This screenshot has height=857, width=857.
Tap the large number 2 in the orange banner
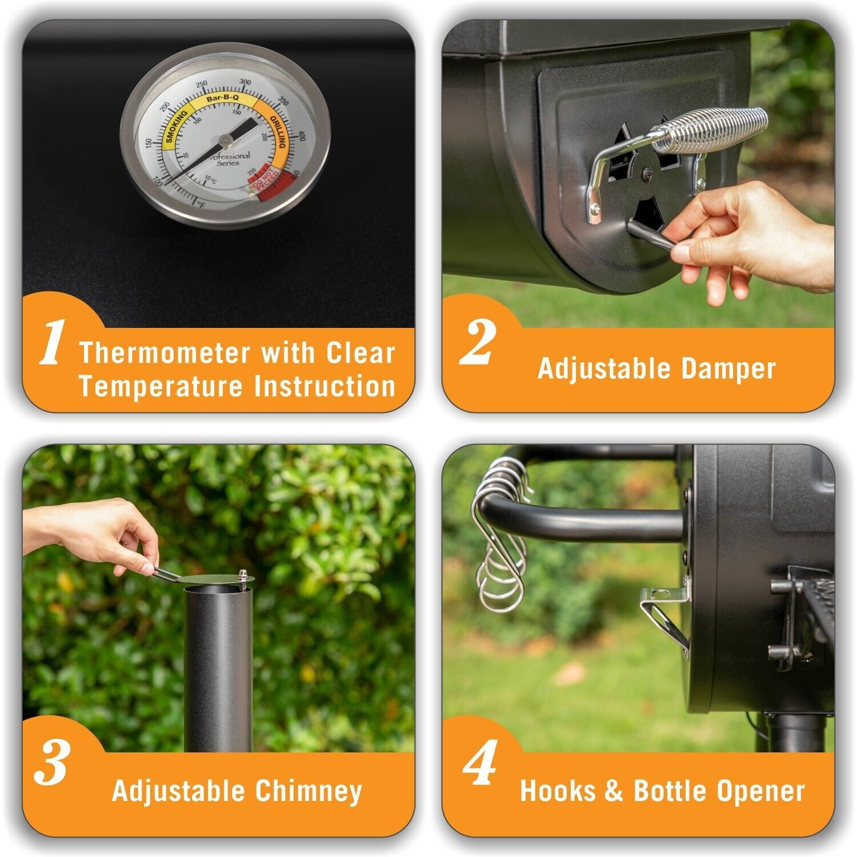pos(477,342)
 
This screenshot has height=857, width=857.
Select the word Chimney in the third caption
pos(309,791)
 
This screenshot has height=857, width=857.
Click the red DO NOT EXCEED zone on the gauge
pos(266,182)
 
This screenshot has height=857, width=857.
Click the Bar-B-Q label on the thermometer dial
pos(222,99)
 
